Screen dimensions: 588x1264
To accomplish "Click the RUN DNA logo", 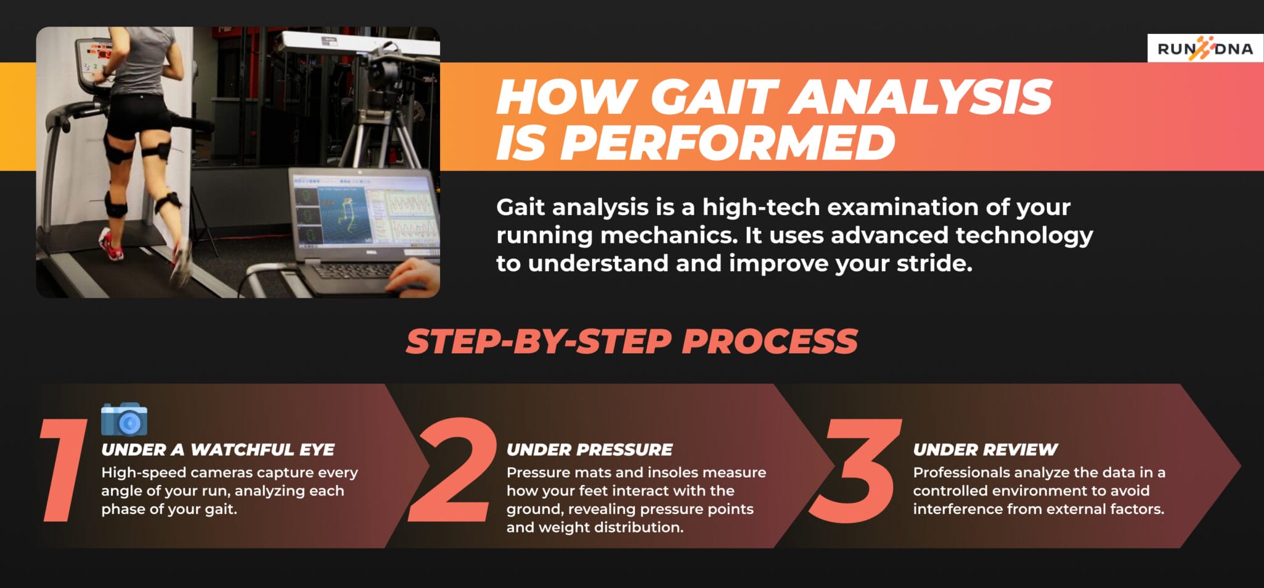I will (x=1205, y=48).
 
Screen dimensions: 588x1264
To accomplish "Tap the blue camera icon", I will (x=124, y=419).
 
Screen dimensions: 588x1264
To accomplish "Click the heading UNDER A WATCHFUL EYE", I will (x=218, y=450).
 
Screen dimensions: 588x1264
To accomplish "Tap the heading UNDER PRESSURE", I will (x=589, y=450).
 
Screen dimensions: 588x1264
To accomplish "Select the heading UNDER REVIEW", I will (x=985, y=450).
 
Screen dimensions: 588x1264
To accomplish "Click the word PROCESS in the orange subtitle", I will (x=770, y=342).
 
